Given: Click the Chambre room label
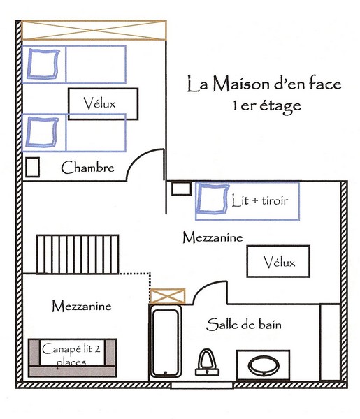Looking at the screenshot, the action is [x=87, y=168].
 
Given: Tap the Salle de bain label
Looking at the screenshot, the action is [x=244, y=325].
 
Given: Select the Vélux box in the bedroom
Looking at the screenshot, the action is [x=103, y=104].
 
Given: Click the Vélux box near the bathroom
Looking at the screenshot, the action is [x=278, y=261].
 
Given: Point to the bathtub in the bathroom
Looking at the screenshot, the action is [x=165, y=341].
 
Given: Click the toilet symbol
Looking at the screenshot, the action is [x=208, y=362].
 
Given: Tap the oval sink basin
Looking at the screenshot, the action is [x=264, y=366].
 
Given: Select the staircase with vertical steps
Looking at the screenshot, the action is [x=78, y=254].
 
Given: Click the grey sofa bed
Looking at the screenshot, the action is [x=72, y=358].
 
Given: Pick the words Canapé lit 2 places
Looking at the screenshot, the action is [x=71, y=355].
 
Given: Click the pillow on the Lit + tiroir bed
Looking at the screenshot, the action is [x=213, y=199].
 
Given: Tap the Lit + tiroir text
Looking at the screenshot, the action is [x=260, y=200].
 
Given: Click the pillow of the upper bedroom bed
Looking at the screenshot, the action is [x=43, y=64].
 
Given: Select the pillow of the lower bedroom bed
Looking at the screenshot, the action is [x=42, y=132].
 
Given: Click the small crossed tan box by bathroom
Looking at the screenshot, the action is [x=167, y=296].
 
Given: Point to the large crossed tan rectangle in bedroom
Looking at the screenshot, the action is [x=94, y=30].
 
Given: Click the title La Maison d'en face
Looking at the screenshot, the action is [x=264, y=84].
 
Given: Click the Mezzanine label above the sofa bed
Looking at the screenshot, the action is [x=82, y=306].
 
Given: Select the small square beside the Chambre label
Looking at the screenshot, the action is [x=33, y=167].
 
